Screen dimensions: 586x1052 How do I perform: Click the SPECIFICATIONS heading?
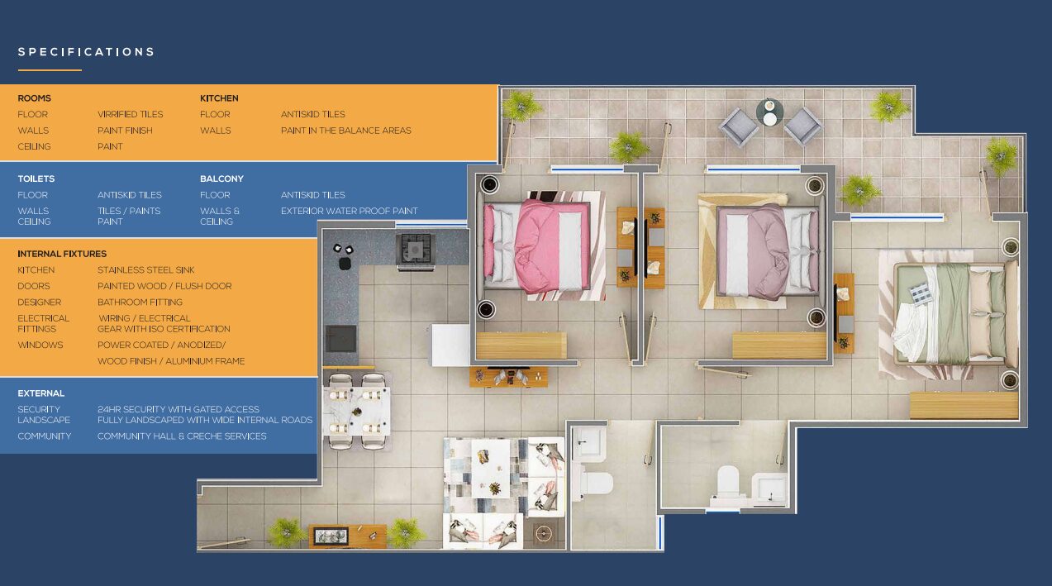pyautogui.click(x=86, y=52)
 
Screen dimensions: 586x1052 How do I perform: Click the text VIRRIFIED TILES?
pyautogui.click(x=131, y=114)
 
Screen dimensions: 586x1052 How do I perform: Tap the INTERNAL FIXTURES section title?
pyautogui.click(x=62, y=254)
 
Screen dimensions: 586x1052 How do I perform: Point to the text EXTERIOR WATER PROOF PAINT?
pyautogui.click(x=349, y=211)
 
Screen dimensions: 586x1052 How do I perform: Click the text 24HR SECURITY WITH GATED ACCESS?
pyautogui.click(x=178, y=409)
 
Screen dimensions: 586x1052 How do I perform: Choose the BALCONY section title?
pyautogui.click(x=221, y=179)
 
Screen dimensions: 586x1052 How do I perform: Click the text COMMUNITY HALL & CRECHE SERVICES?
pyautogui.click(x=182, y=436)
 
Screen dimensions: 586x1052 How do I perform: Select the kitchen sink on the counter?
pyautogui.click(x=340, y=338)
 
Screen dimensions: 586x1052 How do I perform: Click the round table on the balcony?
pyautogui.click(x=769, y=112)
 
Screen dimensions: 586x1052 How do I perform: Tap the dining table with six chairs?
pyautogui.click(x=359, y=411)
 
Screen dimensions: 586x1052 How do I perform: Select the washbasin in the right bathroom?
pyautogui.click(x=770, y=488)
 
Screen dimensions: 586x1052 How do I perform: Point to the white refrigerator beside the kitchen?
pyautogui.click(x=450, y=345)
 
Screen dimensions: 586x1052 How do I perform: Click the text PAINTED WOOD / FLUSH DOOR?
pyautogui.click(x=164, y=286)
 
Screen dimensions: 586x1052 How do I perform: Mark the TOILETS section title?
pyautogui.click(x=36, y=179)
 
